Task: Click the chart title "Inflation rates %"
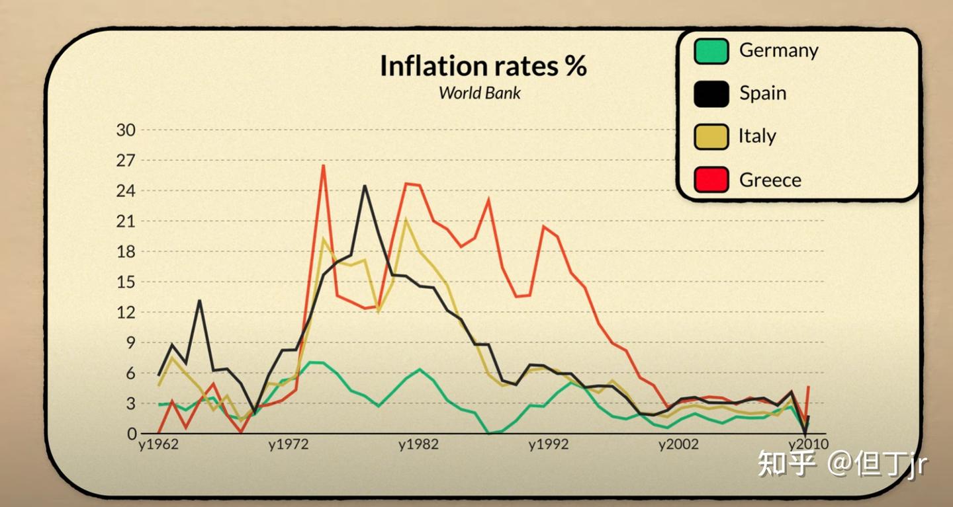[482, 66]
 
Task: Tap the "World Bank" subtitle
[479, 93]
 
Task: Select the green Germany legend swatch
[711, 51]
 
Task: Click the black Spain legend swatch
[711, 93]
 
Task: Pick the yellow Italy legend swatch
[711, 136]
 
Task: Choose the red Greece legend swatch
[711, 179]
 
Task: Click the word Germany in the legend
[778, 50]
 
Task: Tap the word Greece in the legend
[770, 180]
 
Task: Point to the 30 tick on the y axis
[126, 130]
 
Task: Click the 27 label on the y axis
[126, 160]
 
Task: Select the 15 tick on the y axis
[126, 282]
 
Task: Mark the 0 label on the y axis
[131, 434]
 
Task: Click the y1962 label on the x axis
[158, 445]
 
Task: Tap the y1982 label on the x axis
[418, 445]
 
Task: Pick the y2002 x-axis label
[678, 445]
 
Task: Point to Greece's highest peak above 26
[323, 165]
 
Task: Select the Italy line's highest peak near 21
[406, 220]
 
